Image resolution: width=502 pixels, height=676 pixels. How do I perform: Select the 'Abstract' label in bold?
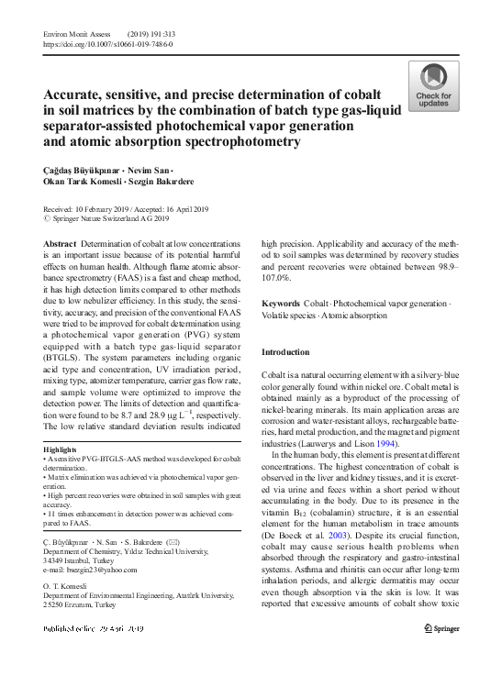coord(60,242)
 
